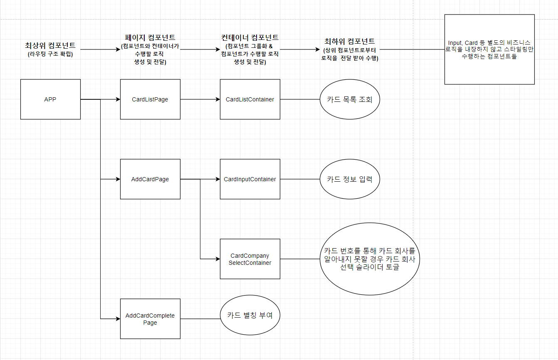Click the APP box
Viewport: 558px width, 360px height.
click(50, 99)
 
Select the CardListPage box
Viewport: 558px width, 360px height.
click(150, 99)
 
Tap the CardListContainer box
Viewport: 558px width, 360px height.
click(250, 99)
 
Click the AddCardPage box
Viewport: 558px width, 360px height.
click(150, 179)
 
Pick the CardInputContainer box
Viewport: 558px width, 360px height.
click(250, 179)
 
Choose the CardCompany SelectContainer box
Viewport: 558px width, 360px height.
click(250, 259)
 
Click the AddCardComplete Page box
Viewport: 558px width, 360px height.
click(150, 319)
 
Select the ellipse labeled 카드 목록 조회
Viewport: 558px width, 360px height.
click(350, 99)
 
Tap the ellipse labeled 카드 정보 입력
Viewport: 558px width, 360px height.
click(350, 179)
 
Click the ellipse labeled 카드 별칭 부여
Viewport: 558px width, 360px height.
click(250, 315)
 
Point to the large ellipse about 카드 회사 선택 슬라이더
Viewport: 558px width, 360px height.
click(370, 259)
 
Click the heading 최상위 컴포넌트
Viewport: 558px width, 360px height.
click(50, 45)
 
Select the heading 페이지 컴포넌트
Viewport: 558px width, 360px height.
click(150, 37)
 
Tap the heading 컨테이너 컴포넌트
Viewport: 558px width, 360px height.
click(250, 37)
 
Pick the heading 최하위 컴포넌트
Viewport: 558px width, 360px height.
click(350, 41)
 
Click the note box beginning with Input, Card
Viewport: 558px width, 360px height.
click(489, 49)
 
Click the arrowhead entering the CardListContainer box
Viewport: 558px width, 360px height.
click(218, 99)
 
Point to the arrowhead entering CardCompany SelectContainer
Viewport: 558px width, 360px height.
click(218, 259)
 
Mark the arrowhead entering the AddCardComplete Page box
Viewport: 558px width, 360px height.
click(118, 319)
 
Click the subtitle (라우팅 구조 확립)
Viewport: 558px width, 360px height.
click(50, 54)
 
